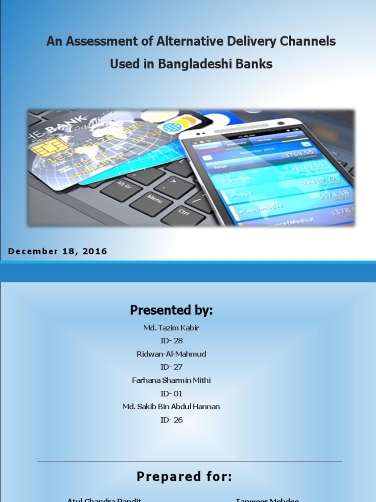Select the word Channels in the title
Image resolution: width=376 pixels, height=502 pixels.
click(x=309, y=41)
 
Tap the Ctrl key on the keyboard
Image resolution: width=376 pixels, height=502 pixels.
click(x=184, y=212)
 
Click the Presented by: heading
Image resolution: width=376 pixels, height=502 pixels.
click(x=171, y=310)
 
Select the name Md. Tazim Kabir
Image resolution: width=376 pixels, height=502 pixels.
click(x=171, y=327)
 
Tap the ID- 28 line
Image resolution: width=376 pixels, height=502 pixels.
click(x=171, y=341)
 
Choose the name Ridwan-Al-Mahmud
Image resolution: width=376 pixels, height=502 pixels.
click(x=171, y=354)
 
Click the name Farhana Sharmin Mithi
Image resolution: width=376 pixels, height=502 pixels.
click(x=171, y=380)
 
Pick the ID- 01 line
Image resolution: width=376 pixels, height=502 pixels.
click(x=171, y=393)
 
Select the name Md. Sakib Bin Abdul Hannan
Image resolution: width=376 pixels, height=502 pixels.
click(x=171, y=406)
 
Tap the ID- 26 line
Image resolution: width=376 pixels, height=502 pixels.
click(x=171, y=420)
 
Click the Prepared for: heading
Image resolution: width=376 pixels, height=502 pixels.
click(x=184, y=477)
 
